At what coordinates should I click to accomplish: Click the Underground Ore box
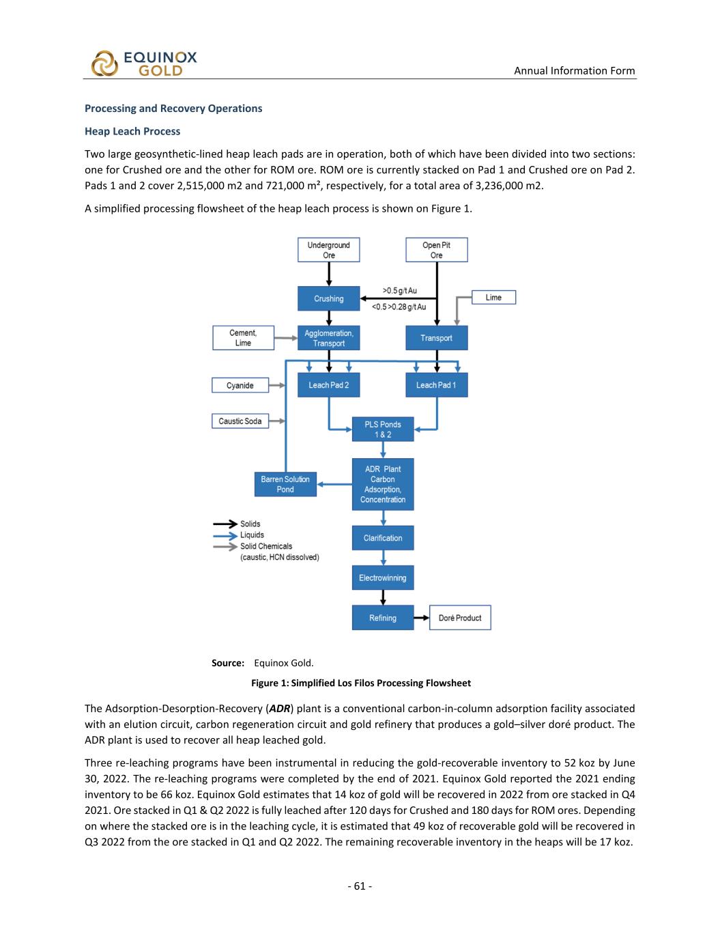[328, 250]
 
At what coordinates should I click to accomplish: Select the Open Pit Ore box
[436, 250]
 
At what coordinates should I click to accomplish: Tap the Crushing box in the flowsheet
[328, 298]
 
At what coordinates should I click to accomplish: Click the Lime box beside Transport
[493, 298]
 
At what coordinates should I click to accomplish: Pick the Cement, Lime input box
[243, 338]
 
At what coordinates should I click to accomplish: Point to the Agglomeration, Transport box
[328, 338]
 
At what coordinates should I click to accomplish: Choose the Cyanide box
[240, 386]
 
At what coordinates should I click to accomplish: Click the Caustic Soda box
[240, 421]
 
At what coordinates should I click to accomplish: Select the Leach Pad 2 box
[328, 385]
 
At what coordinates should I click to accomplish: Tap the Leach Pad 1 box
[436, 385]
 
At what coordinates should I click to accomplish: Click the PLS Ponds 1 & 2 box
[382, 429]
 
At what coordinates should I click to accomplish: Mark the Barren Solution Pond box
[285, 484]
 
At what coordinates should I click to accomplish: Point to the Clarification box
[382, 538]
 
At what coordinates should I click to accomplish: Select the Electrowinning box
[382, 578]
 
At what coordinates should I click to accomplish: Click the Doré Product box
[459, 618]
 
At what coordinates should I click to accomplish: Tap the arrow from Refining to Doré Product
[421, 618]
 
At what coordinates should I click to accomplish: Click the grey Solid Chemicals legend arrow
[225, 546]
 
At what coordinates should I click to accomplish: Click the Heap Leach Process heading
[132, 131]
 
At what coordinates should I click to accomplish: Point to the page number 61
[360, 886]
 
